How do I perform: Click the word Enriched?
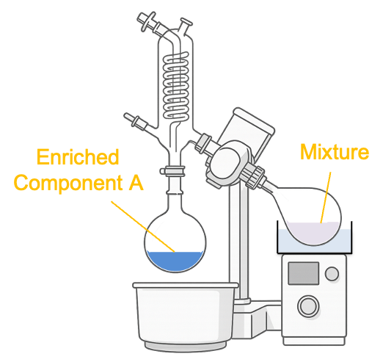[x=78, y=156]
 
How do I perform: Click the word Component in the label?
[x=68, y=183]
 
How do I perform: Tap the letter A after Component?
[x=136, y=182]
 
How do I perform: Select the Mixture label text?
[x=335, y=152]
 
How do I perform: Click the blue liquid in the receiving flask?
[x=175, y=261]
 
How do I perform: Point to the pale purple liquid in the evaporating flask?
[x=313, y=233]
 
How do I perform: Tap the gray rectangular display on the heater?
[x=303, y=273]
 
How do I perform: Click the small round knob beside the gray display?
[x=332, y=274]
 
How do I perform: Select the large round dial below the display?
[x=308, y=306]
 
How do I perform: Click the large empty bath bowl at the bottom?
[x=185, y=316]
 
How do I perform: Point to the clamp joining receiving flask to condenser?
[x=172, y=170]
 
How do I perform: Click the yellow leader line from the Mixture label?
[x=326, y=198]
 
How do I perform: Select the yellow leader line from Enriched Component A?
[x=143, y=226]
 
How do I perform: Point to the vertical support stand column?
[x=238, y=242]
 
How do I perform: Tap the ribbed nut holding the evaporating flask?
[x=255, y=177]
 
